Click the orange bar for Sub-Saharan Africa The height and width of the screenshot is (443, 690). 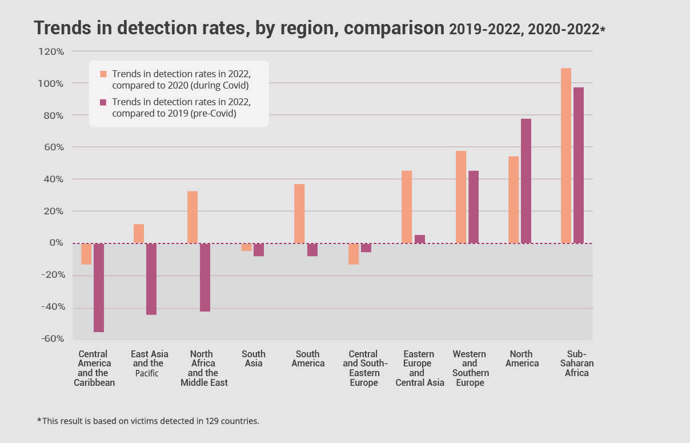tap(566, 155)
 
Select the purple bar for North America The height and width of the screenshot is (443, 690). tap(526, 181)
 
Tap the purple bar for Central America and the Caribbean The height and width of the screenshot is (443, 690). tap(99, 288)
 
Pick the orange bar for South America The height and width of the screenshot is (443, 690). tap(299, 213)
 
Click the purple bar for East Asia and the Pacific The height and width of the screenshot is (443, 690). tap(151, 279)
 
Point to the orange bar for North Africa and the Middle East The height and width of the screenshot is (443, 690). tap(192, 217)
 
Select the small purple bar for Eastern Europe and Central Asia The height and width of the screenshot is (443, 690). tap(420, 239)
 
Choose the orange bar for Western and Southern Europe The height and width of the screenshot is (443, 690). tap(461, 197)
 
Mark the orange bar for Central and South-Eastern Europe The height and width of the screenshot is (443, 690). tap(354, 254)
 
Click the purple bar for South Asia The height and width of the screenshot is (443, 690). tap(259, 250)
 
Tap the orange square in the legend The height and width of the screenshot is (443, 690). tap(103, 74)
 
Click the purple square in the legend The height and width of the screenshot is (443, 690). tap(103, 102)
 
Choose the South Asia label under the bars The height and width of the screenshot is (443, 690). tap(254, 358)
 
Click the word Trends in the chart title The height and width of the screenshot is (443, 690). tap(62, 28)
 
